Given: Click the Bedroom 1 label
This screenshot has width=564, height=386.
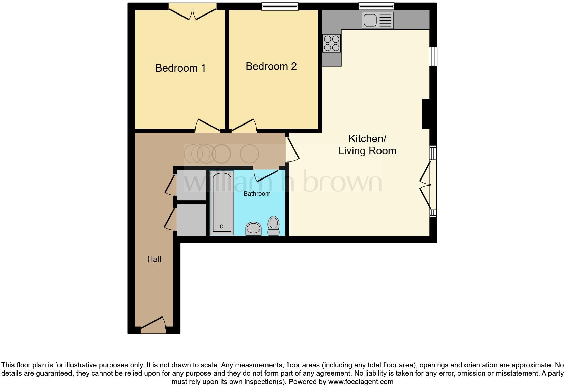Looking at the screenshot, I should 180,68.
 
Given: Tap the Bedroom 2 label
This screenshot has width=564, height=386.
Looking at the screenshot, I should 271,66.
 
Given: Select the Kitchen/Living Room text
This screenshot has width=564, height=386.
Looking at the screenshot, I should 367,144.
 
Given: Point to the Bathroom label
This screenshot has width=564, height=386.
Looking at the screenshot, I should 257,194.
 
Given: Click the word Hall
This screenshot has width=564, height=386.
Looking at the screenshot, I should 154,259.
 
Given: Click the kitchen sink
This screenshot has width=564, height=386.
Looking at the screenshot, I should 377,20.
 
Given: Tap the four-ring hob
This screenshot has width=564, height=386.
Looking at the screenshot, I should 331,43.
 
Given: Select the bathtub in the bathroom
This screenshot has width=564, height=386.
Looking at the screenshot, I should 222,202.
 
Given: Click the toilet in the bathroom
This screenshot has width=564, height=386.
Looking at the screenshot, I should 274,225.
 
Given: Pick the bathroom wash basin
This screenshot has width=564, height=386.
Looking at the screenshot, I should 253,228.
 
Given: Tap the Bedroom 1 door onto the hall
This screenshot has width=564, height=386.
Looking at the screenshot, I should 207,126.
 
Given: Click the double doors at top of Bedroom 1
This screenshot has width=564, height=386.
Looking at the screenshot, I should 192,12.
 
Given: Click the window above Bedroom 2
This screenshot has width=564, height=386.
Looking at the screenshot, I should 280,6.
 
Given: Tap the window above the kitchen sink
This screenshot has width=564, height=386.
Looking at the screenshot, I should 376,6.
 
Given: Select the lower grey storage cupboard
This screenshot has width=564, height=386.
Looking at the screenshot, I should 191,220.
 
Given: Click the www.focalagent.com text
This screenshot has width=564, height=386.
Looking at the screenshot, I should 361,382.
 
